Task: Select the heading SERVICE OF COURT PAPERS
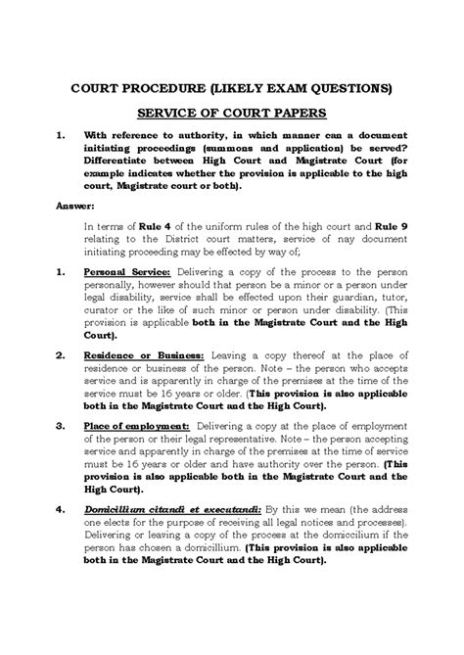click(232, 113)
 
